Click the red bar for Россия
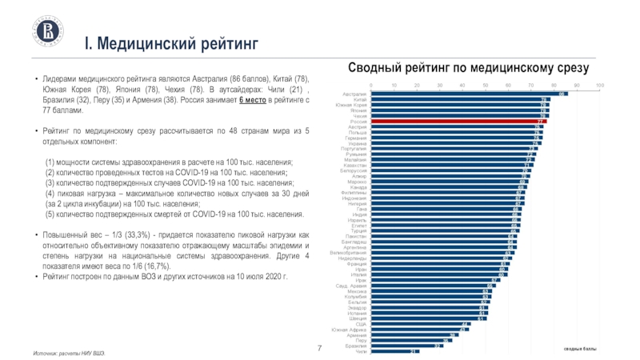456,121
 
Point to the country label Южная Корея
351,105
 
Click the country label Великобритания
348,253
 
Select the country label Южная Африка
350,330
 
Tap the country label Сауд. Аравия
351,286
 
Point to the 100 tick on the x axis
600,85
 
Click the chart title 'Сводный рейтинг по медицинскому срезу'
468,69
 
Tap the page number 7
320,349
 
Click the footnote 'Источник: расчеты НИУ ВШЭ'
68,353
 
